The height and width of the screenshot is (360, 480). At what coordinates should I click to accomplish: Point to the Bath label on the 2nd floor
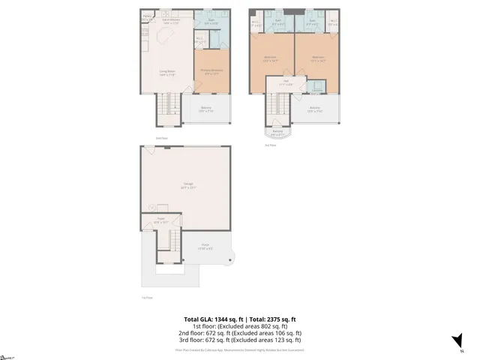pyautogui.click(x=211, y=22)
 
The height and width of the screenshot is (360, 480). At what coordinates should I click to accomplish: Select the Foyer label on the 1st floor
pyautogui.click(x=161, y=221)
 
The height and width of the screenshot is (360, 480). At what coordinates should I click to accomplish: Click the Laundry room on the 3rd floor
pyautogui.click(x=313, y=85)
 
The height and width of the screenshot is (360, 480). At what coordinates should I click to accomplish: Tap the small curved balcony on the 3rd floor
pyautogui.click(x=277, y=133)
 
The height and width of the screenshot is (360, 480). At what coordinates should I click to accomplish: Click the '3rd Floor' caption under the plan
pyautogui.click(x=271, y=145)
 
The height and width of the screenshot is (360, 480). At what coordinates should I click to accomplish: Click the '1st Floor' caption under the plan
pyautogui.click(x=147, y=298)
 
